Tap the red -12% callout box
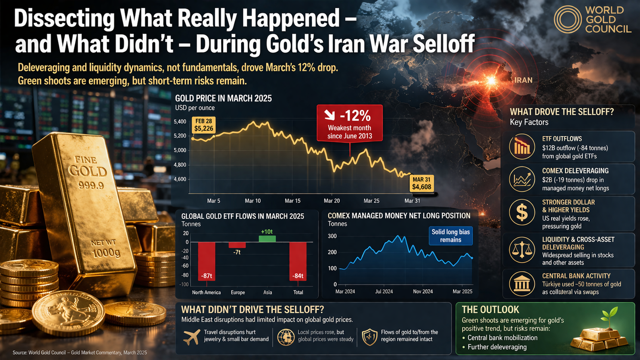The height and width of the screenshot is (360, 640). click(x=350, y=123)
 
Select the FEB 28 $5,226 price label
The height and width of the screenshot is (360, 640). click(x=203, y=125)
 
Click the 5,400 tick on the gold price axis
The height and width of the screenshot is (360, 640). click(x=181, y=122)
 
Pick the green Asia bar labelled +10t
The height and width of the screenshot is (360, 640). click(x=267, y=238)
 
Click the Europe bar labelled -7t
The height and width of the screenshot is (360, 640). click(x=237, y=245)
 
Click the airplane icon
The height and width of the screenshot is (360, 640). click(x=191, y=336)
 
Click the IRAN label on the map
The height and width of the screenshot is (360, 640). click(x=523, y=80)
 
